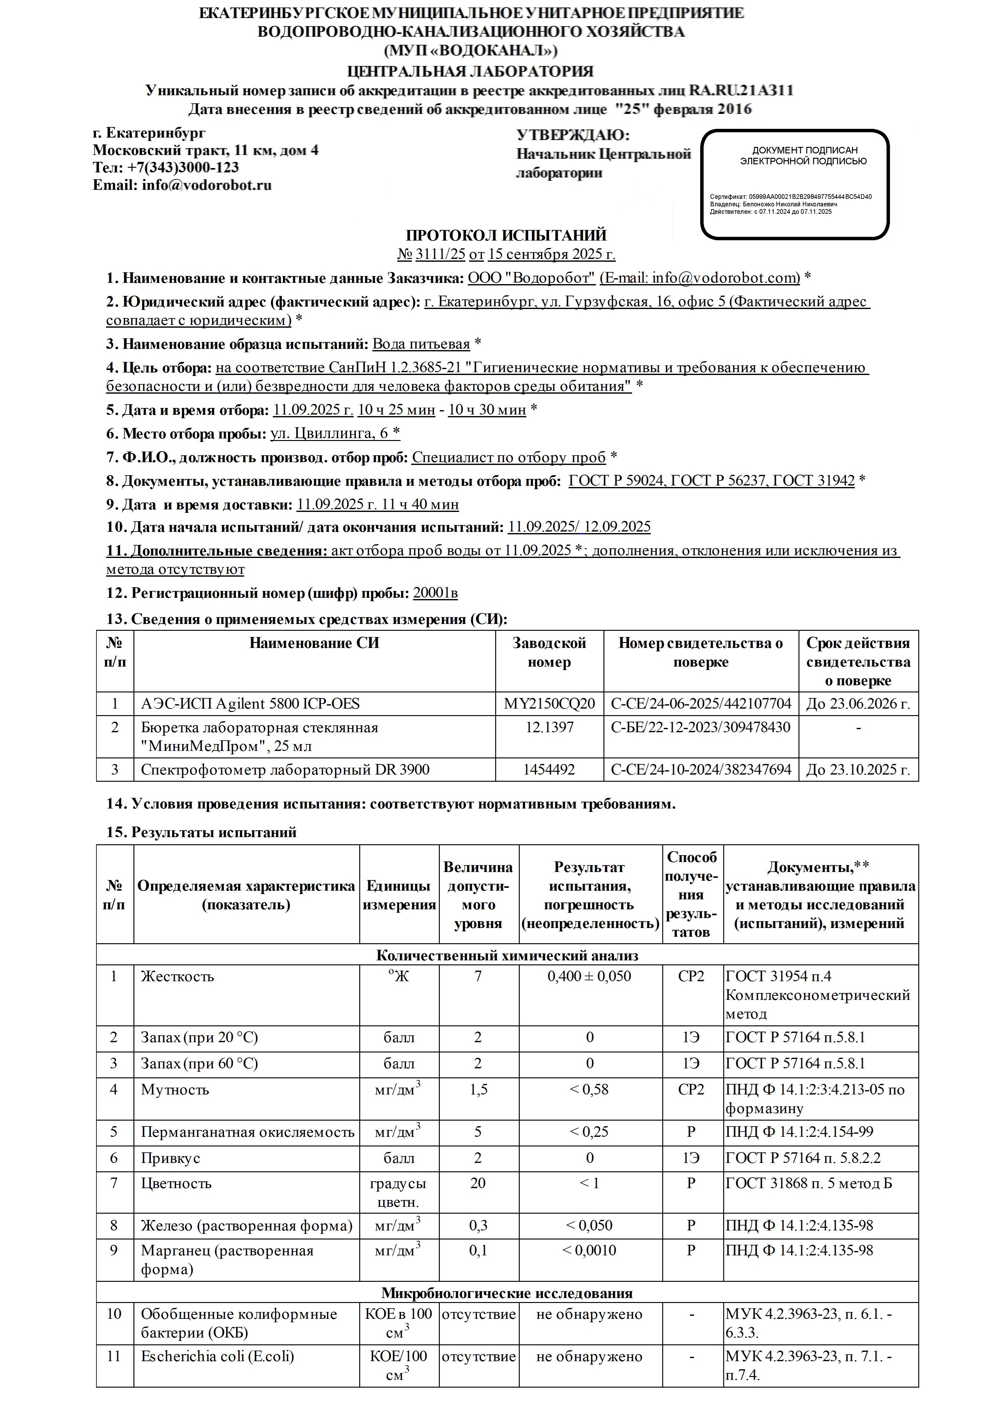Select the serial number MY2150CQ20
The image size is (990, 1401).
coord(549,704)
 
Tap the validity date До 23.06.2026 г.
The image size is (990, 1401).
coord(858,704)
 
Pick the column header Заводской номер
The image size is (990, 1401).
coord(549,652)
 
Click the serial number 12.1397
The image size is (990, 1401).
coord(549,727)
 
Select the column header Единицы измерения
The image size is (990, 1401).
coord(399,895)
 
